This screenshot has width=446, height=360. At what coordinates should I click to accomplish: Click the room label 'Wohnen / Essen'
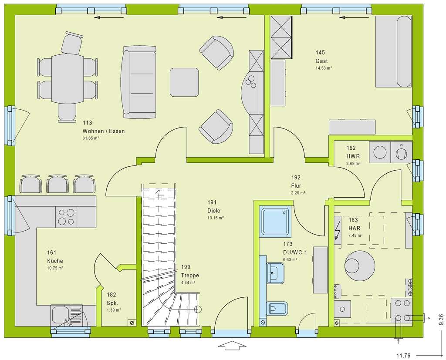[104, 131]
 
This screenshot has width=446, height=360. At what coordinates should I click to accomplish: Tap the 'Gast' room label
[321, 61]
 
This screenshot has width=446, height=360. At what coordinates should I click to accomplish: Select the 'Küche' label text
[55, 261]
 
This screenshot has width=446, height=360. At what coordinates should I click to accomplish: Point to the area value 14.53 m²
[324, 68]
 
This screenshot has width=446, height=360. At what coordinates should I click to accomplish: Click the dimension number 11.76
[403, 356]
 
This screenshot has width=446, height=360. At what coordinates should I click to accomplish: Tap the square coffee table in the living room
[184, 82]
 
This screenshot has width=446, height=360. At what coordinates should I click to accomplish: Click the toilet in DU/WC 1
[277, 309]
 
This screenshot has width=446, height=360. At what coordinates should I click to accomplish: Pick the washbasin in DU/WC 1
[275, 273]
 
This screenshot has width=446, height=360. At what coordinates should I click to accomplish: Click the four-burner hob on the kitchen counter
[66, 217]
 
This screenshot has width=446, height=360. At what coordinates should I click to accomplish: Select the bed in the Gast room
[393, 51]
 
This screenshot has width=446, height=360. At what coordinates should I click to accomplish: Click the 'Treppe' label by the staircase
[190, 275]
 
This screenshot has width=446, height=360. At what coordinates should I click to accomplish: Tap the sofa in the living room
[139, 82]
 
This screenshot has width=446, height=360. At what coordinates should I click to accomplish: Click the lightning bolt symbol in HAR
[338, 229]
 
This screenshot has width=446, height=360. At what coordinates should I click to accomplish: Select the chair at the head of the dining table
[72, 43]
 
